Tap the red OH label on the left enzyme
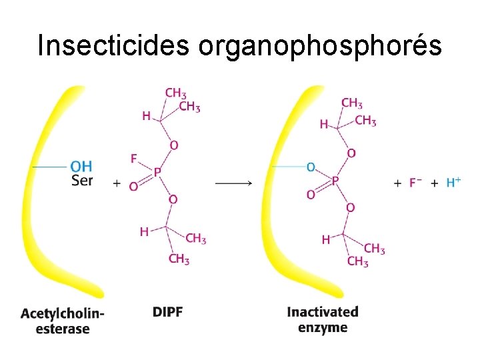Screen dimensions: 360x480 tap(81, 167)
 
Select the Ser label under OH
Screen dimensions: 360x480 tap(81, 180)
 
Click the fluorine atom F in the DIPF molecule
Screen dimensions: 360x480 tap(134, 159)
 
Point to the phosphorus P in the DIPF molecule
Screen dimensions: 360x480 tap(157, 172)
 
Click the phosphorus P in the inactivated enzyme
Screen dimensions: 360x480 tap(335, 180)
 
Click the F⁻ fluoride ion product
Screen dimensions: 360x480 tap(415, 182)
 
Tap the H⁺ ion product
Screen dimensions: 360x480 tap(453, 182)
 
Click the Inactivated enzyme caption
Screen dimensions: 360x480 tap(323, 319)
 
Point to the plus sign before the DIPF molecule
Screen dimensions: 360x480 tap(117, 183)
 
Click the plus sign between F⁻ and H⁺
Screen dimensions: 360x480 tap(433, 183)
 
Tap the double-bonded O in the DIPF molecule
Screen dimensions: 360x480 tap(133, 187)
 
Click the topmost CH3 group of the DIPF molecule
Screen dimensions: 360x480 tap(175, 93)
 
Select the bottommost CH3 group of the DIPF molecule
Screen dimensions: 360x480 tap(179, 259)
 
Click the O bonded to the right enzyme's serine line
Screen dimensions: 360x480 tap(311, 167)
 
